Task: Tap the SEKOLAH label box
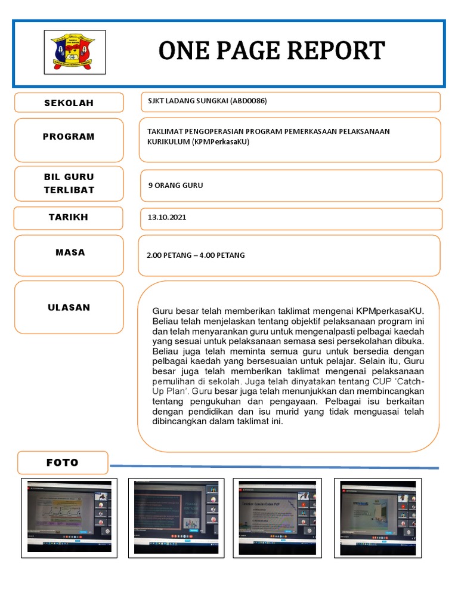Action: tap(69, 103)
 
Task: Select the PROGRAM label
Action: tap(69, 137)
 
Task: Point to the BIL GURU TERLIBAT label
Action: tap(69, 183)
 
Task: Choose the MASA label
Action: tap(70, 252)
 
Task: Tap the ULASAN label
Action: tap(69, 308)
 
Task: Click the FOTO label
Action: tap(63, 462)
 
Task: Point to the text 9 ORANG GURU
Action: tap(175, 186)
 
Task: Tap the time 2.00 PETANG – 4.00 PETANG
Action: tap(196, 255)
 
